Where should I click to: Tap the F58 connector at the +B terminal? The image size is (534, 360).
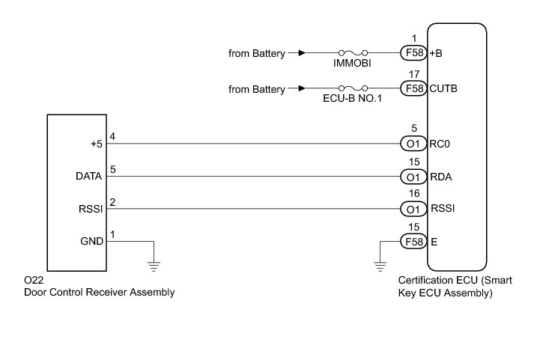click(x=413, y=54)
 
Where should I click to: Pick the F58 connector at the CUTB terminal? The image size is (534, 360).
click(x=413, y=89)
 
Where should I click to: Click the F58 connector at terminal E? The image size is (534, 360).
click(x=413, y=242)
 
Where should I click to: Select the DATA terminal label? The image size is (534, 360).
click(x=89, y=177)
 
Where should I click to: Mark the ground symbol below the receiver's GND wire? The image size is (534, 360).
click(x=154, y=263)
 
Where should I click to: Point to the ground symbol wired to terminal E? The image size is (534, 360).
click(x=380, y=264)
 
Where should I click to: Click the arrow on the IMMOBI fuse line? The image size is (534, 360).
click(x=300, y=54)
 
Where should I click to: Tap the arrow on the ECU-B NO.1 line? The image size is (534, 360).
click(x=300, y=89)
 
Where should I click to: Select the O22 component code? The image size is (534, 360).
click(x=34, y=280)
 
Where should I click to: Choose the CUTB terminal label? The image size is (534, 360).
click(x=443, y=89)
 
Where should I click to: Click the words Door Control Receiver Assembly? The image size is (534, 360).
click(x=100, y=293)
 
